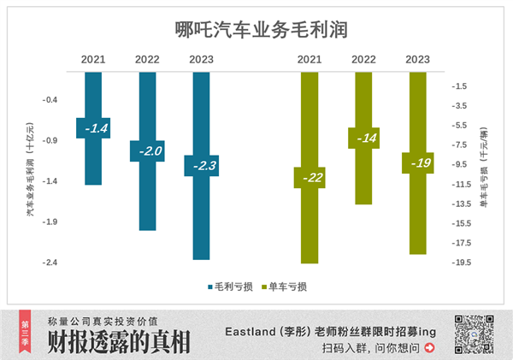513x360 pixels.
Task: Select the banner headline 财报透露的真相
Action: [x=120, y=341]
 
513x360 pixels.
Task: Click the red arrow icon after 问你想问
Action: [x=429, y=348]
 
